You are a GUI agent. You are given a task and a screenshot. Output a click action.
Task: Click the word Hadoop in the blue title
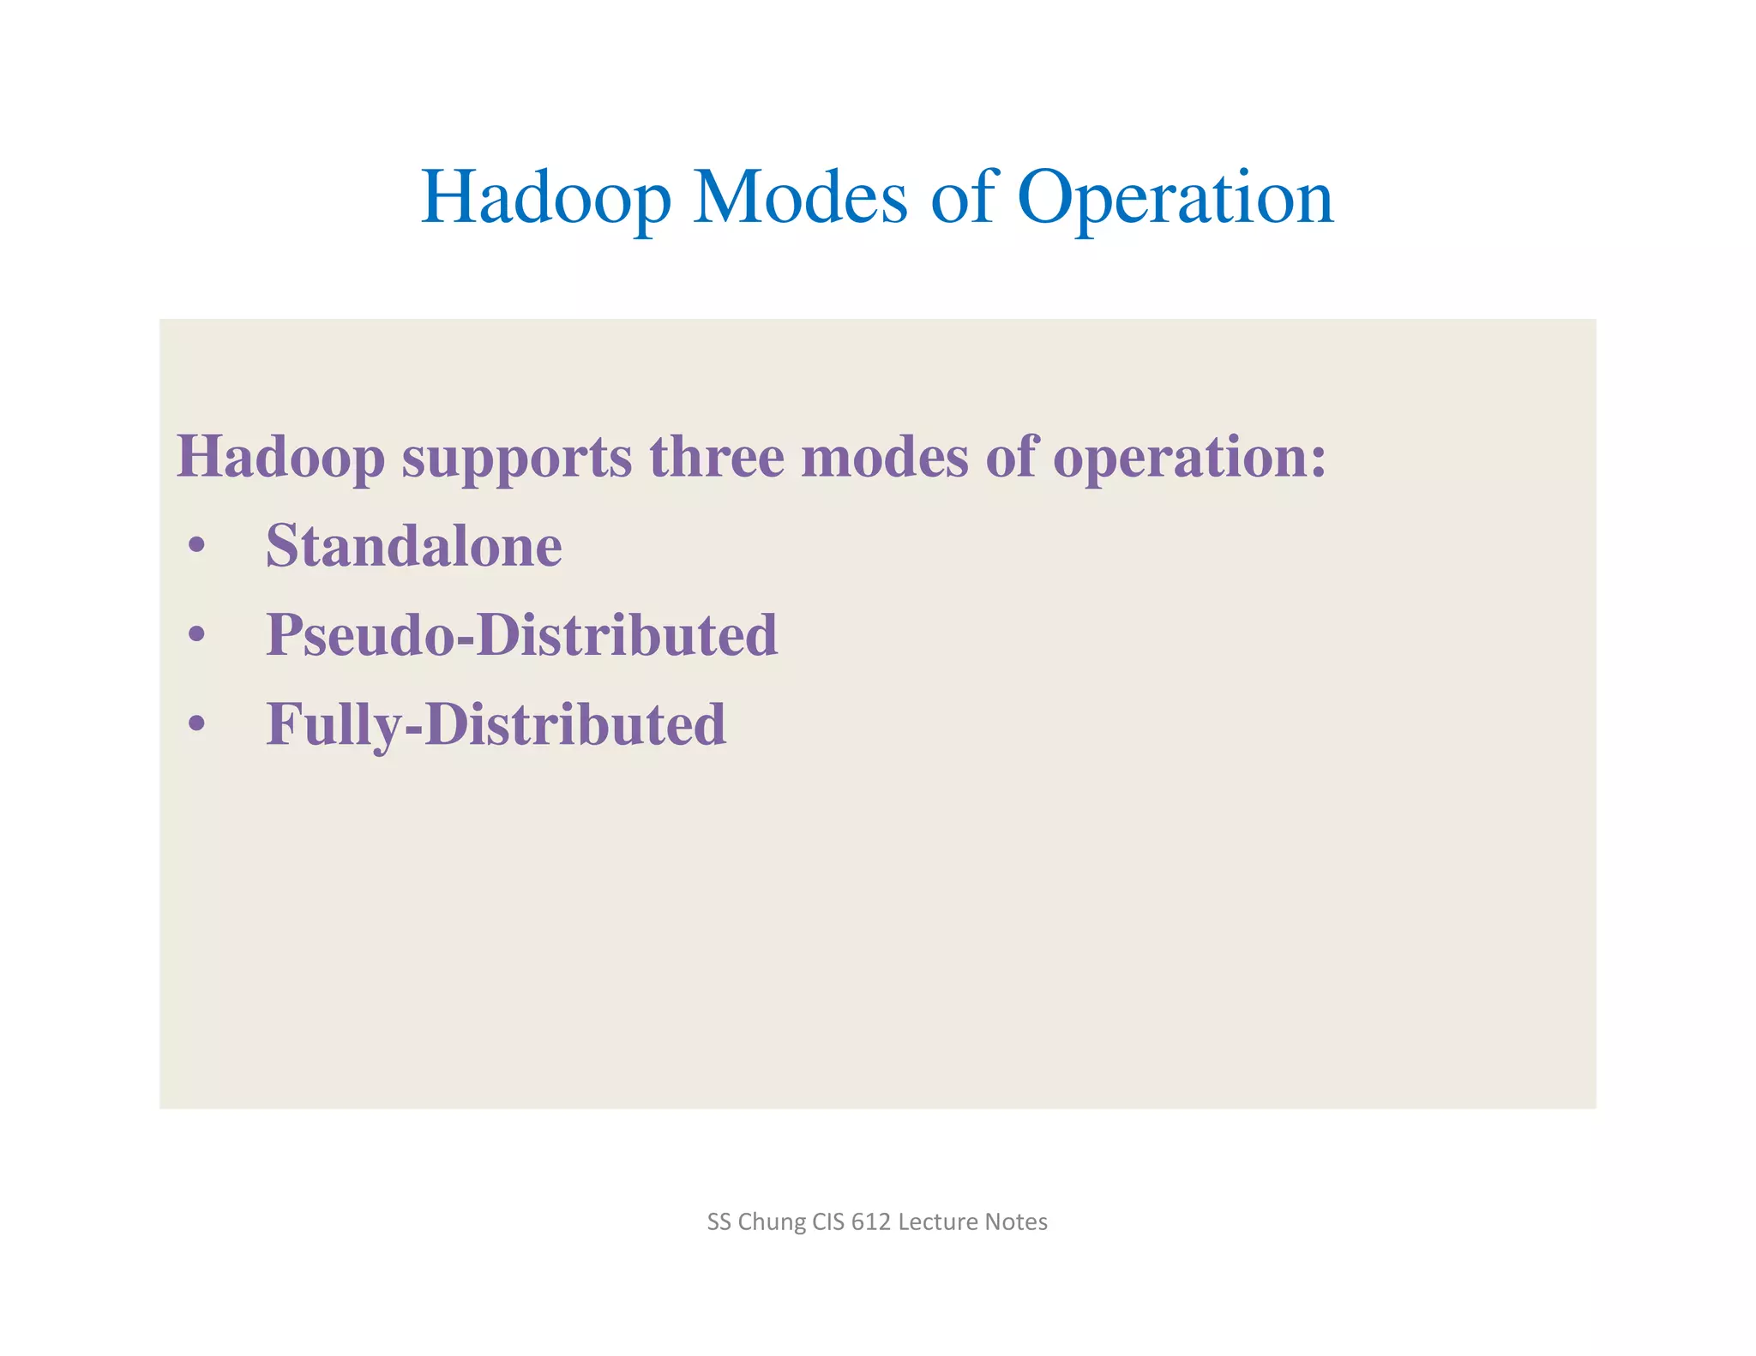pos(545,199)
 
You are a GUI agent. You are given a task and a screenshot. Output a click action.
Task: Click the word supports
pos(517,459)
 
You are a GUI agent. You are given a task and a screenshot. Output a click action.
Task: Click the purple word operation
pos(1188,459)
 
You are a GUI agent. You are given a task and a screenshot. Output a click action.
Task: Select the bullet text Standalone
pos(413,546)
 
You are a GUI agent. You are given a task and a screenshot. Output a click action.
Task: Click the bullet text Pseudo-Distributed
pos(521,635)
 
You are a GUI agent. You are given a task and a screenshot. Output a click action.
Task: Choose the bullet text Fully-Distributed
pos(496,725)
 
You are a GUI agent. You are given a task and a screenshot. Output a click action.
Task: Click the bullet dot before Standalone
pos(197,546)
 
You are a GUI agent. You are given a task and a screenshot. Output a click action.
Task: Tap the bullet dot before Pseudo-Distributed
pos(197,635)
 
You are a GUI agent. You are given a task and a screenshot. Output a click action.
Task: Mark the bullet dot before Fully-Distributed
pos(197,724)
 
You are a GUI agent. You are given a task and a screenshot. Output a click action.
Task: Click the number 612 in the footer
pos(870,1222)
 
